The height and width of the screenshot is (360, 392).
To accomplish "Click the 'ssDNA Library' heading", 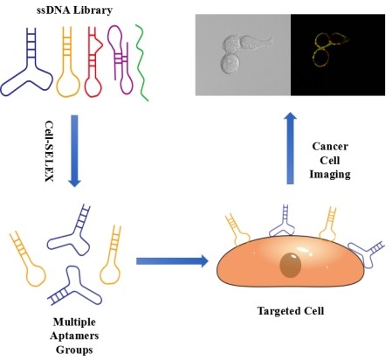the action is pyautogui.click(x=74, y=10).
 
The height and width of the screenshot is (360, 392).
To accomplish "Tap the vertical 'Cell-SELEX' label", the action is pyautogui.click(x=49, y=151).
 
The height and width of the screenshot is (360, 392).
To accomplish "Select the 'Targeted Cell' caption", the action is pyautogui.click(x=291, y=311).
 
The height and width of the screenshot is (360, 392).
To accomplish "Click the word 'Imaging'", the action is pyautogui.click(x=330, y=174).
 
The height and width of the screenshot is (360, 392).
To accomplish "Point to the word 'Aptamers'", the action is pyautogui.click(x=74, y=336).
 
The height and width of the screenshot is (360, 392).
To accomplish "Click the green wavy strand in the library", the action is pyautogui.click(x=141, y=63).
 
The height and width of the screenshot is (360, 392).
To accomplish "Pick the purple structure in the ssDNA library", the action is pyautogui.click(x=120, y=59).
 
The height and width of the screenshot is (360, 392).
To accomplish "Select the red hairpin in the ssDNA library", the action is pyautogui.click(x=93, y=62).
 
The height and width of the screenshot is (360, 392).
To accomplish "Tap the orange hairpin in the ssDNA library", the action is pyautogui.click(x=67, y=62).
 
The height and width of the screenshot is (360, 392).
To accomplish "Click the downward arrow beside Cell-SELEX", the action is pyautogui.click(x=74, y=151).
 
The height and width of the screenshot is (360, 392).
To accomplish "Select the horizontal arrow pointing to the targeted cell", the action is pyautogui.click(x=172, y=261).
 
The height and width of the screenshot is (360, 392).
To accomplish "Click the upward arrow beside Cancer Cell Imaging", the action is pyautogui.click(x=290, y=148).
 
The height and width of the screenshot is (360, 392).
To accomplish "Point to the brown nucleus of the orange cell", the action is pyautogui.click(x=290, y=265).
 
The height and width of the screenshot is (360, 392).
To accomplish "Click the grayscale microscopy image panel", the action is pyautogui.click(x=243, y=55).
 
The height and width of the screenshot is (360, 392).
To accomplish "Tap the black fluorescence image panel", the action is pyautogui.click(x=338, y=55).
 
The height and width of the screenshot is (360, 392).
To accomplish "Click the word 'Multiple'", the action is pyautogui.click(x=74, y=322).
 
